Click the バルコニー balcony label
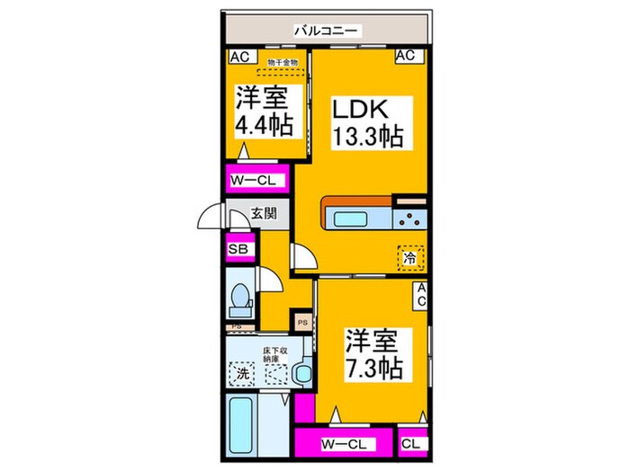click(325, 31)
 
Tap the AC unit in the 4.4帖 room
click(239, 56)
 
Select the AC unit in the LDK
click(406, 56)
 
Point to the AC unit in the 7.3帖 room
click(419, 294)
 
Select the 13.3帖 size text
click(366, 138)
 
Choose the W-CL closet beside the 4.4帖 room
click(256, 180)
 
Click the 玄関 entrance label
click(265, 215)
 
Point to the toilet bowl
click(241, 296)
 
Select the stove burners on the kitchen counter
click(413, 218)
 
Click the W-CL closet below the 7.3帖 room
click(343, 443)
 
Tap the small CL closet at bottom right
click(409, 443)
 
